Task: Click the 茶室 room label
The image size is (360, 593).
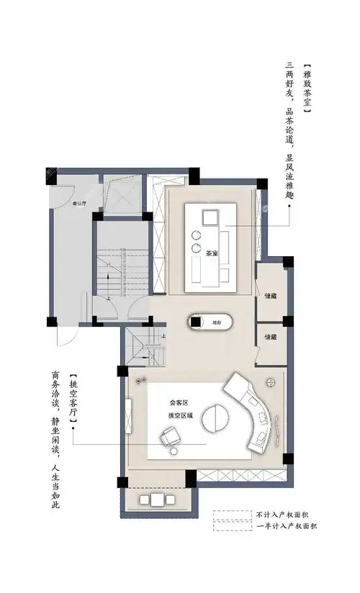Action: pyautogui.click(x=212, y=253)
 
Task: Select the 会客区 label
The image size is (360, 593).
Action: pyautogui.click(x=178, y=403)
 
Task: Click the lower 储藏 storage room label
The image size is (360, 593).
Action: pyautogui.click(x=271, y=337)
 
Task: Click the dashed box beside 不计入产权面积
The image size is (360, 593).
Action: pyautogui.click(x=230, y=515)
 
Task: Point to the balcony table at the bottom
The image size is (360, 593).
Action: pyautogui.click(x=155, y=499)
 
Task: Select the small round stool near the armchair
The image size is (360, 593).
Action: pyautogui.click(x=174, y=451)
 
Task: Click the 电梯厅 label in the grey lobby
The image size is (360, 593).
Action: pyautogui.click(x=78, y=204)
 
